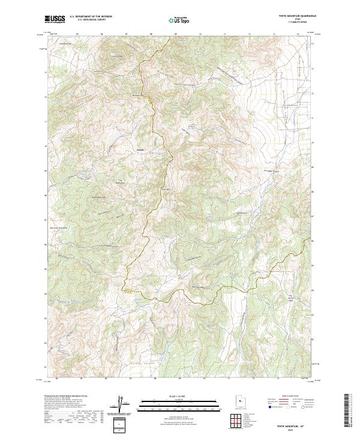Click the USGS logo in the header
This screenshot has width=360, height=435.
[55, 19]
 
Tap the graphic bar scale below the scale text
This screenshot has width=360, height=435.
[179, 403]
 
